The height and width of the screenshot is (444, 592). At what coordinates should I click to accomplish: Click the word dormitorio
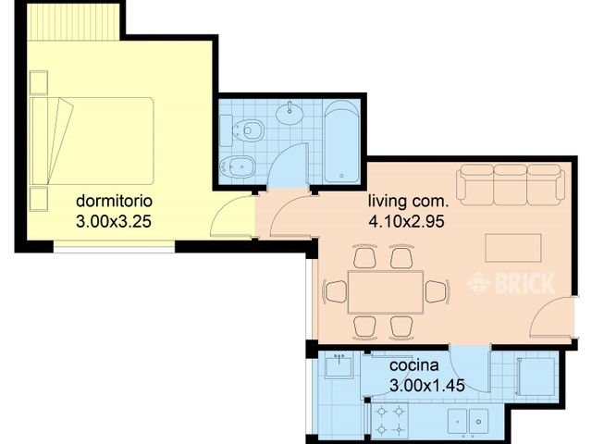pyautogui.click(x=114, y=200)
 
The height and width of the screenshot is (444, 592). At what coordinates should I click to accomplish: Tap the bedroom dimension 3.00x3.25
pyautogui.click(x=114, y=221)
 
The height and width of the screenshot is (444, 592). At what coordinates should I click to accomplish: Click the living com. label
pyautogui.click(x=408, y=200)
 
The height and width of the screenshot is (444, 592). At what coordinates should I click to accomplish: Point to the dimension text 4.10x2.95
pyautogui.click(x=408, y=221)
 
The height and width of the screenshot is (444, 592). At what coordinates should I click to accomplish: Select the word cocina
pyautogui.click(x=413, y=364)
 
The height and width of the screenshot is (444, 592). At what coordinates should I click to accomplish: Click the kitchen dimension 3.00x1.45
pyautogui.click(x=413, y=385)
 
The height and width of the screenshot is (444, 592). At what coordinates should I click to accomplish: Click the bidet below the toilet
pyautogui.click(x=232, y=167)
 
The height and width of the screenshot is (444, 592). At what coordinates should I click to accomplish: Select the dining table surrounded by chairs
pyautogui.click(x=386, y=291)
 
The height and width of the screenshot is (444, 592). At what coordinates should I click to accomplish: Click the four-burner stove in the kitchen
pyautogui.click(x=389, y=421)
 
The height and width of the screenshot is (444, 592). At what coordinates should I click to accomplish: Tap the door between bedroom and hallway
pyautogui.click(x=231, y=218)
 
